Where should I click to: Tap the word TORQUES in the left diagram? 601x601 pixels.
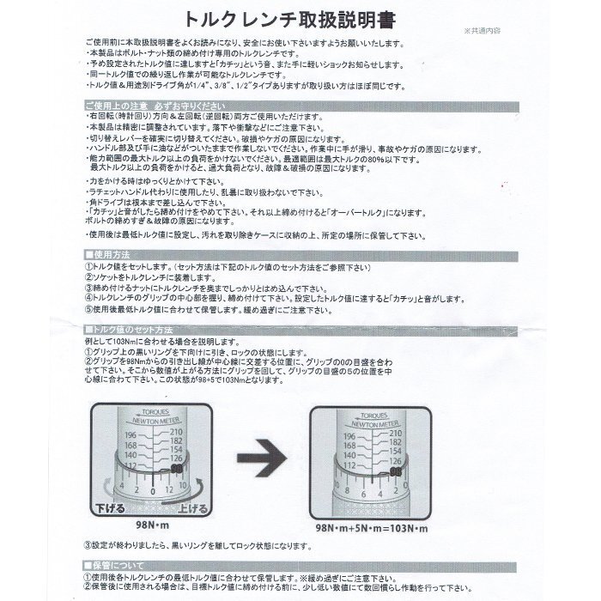[x=156, y=412]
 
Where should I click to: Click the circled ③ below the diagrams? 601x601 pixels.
[x=89, y=544]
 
